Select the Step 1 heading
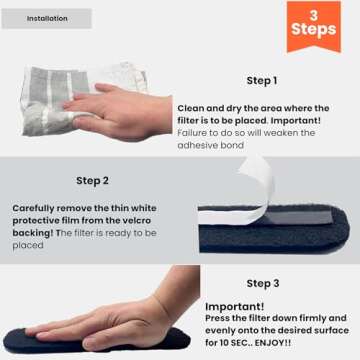pyautogui.click(x=262, y=80)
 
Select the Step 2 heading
pyautogui.click(x=93, y=181)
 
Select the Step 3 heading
pyautogui.click(x=263, y=284)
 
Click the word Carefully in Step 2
pyautogui.click(x=36, y=208)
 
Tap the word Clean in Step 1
pyautogui.click(x=190, y=108)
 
